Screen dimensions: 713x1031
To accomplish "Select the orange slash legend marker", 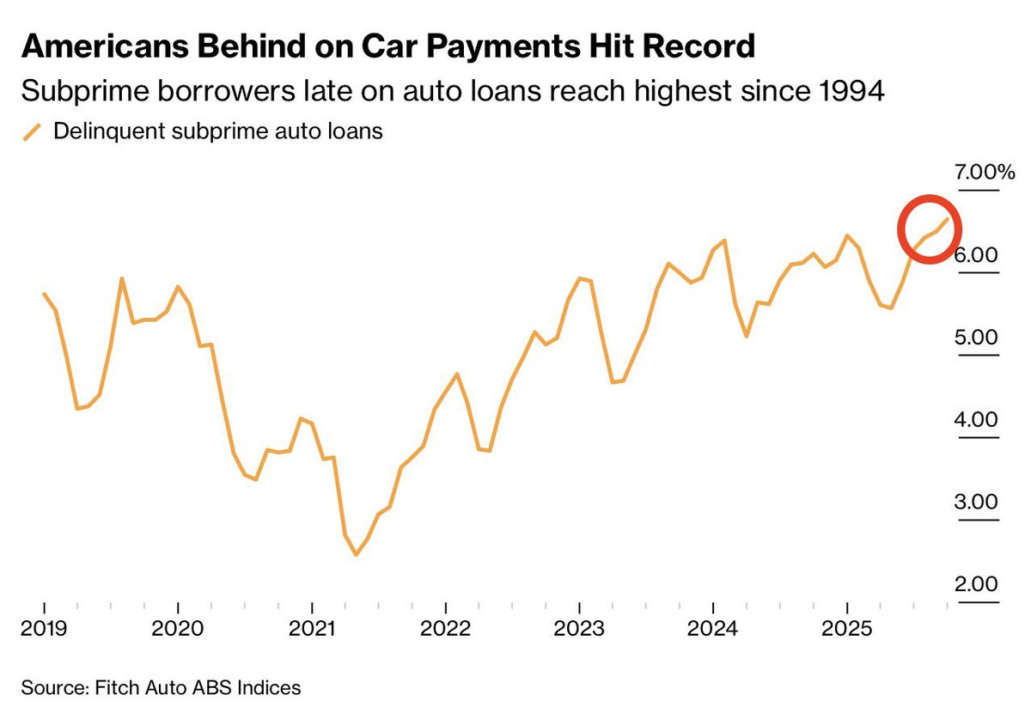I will tap(32, 132).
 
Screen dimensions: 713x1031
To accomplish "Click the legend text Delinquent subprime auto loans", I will tap(217, 132).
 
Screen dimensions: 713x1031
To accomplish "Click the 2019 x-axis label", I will tap(43, 628).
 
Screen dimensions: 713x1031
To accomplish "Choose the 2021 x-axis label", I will tap(312, 628).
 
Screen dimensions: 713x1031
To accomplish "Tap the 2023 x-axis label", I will tap(579, 628).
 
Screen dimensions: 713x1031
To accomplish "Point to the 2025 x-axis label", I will tap(847, 628).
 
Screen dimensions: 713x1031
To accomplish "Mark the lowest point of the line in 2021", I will tap(356, 555).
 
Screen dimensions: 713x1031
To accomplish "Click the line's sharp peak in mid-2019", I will tap(122, 278).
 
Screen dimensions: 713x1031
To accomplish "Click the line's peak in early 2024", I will tap(725, 241).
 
